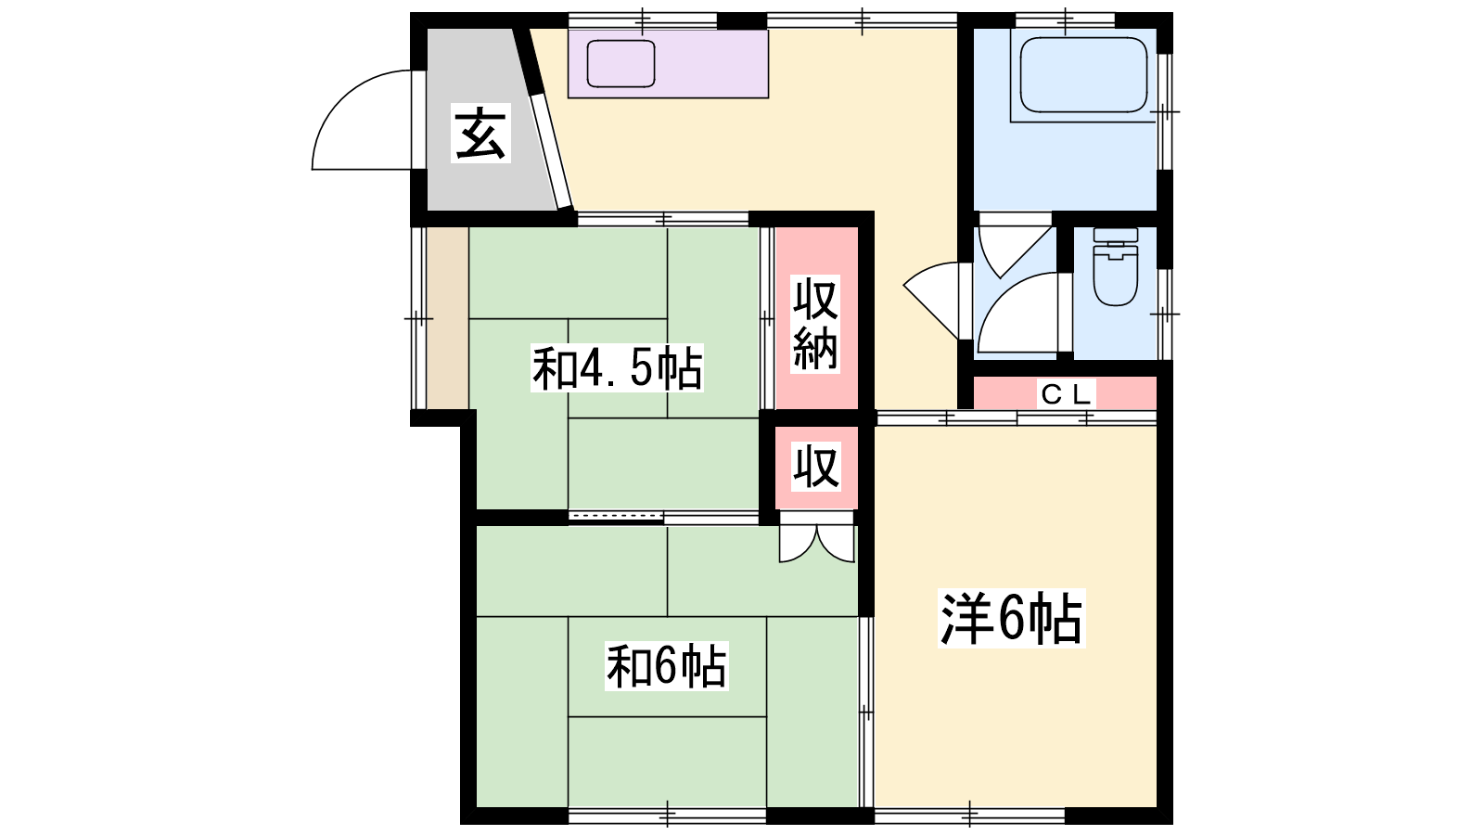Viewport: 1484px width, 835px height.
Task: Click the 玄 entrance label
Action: (x=481, y=134)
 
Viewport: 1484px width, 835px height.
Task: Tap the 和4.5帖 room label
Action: (x=617, y=367)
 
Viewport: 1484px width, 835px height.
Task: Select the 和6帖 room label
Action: (x=667, y=666)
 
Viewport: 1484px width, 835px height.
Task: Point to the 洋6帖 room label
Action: (x=1012, y=618)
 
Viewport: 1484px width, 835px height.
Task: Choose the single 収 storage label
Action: (x=817, y=468)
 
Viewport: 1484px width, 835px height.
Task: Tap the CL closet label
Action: (x=1066, y=395)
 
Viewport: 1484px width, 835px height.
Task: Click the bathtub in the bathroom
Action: (x=1083, y=74)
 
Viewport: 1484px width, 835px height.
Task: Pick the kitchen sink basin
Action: (x=620, y=64)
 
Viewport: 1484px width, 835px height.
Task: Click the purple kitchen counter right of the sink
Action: (x=713, y=64)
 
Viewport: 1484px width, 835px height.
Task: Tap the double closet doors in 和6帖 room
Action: (x=817, y=539)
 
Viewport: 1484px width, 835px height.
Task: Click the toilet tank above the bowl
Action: (x=1116, y=235)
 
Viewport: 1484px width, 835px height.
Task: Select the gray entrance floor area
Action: (x=486, y=120)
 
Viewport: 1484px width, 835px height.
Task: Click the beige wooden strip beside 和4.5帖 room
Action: (x=447, y=318)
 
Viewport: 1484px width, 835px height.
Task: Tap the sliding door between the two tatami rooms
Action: (x=663, y=518)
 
